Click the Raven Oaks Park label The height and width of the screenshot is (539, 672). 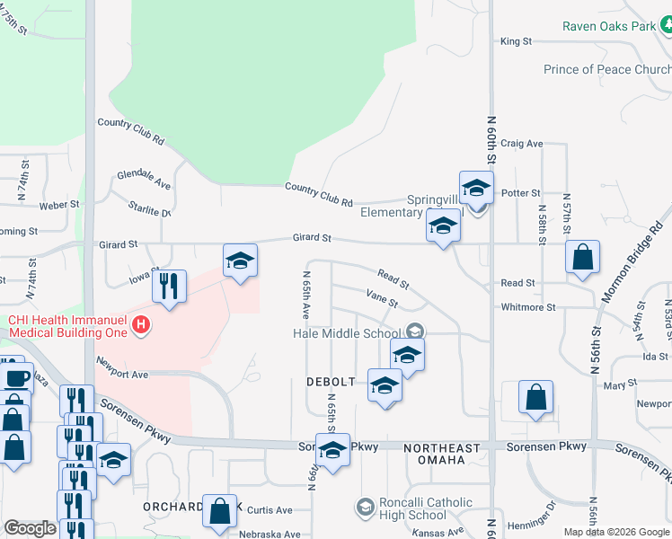pos(609,26)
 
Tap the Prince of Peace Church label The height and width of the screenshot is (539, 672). pos(607,69)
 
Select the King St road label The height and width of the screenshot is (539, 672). pos(517,41)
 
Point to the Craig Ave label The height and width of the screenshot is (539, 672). pos(522,143)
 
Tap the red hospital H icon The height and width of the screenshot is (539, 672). pos(140,325)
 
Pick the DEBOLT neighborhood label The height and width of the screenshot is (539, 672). pos(332,382)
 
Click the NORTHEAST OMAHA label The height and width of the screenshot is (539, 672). pos(434,454)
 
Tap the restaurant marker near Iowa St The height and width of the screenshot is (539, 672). pos(169,287)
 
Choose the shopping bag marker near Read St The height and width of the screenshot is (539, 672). pos(583,257)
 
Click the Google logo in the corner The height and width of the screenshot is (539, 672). pos(30,528)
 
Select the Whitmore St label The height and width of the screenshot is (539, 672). pos(527,307)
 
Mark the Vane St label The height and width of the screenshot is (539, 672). pos(382,297)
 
